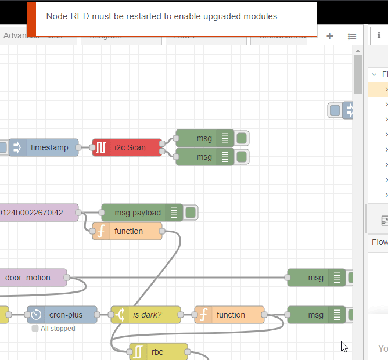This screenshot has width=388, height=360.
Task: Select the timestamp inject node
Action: tap(49, 147)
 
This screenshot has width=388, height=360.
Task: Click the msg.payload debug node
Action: tap(137, 213)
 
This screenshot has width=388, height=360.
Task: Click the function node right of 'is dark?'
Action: tap(230, 315)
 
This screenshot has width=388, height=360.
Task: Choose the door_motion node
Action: tap(32, 278)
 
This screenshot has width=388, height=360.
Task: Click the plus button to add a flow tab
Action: tap(330, 36)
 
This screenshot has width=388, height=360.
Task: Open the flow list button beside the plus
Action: tap(351, 36)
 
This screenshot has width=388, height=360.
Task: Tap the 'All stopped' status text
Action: tap(57, 329)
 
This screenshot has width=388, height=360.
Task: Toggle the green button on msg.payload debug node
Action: tap(191, 213)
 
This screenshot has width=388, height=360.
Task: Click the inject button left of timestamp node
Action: tap(2, 147)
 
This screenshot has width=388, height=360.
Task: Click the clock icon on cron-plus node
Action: tap(36, 315)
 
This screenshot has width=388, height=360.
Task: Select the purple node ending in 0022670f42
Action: tap(38, 213)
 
